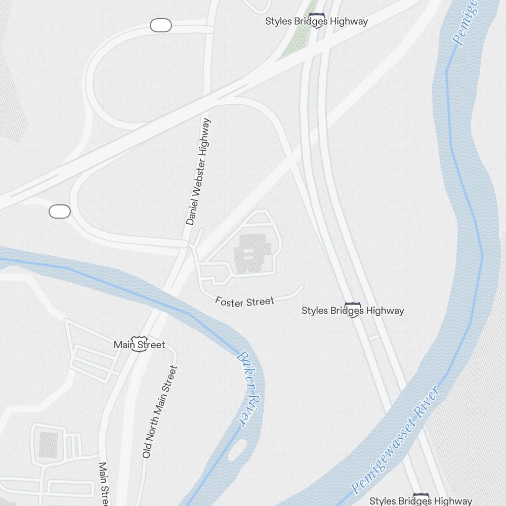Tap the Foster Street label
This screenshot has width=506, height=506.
coord(244,302)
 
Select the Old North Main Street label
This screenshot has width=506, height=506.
coord(160,412)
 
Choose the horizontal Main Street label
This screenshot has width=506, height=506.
coord(139,345)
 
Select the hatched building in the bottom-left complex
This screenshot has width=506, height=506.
coord(49,445)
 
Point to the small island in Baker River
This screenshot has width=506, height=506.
coord(237,450)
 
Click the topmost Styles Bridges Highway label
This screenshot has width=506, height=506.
coord(316,21)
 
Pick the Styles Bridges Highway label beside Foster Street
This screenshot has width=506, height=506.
coord(353,310)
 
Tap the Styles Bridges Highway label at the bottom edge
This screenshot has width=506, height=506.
coord(420,500)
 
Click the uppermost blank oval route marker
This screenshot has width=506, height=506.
coord(161,25)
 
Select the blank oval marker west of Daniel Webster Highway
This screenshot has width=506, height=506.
coord(60,212)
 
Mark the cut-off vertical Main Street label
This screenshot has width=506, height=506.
coord(104,483)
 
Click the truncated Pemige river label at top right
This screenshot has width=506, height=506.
coord(465,23)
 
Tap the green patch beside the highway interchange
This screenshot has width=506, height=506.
coord(299,35)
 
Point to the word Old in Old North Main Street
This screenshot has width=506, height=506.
coord(147,450)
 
